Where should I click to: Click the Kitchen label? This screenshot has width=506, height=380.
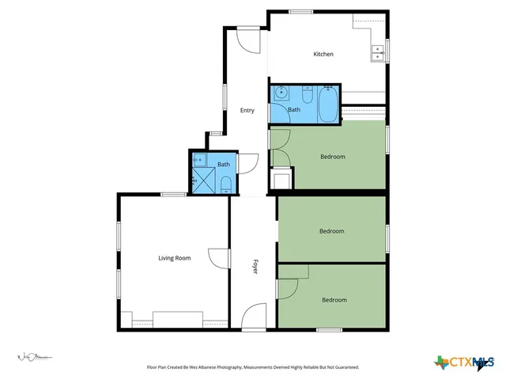pyautogui.click(x=323, y=54)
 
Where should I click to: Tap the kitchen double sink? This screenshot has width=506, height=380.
pyautogui.click(x=377, y=53)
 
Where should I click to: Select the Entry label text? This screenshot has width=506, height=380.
pyautogui.click(x=247, y=110)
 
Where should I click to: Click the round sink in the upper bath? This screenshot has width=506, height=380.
pyautogui.click(x=280, y=94)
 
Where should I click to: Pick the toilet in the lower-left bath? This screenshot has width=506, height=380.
pyautogui.click(x=226, y=185)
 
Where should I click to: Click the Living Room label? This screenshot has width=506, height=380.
pyautogui.click(x=175, y=258)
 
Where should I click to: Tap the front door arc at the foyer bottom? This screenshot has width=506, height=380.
pyautogui.click(x=255, y=317)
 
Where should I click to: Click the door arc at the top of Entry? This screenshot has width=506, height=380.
pyautogui.click(x=247, y=40)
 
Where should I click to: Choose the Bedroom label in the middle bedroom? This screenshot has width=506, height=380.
pyautogui.click(x=331, y=231)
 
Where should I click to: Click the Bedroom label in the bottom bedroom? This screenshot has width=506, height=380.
pyautogui.click(x=334, y=300)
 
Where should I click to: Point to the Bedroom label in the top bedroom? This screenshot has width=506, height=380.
pyautogui.click(x=332, y=157)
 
